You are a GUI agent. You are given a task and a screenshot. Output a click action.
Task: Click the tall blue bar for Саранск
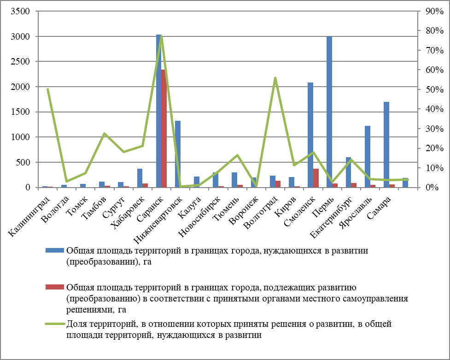(158, 111)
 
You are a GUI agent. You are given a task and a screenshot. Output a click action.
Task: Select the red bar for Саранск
(164, 129)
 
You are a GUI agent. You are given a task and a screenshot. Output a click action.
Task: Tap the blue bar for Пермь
(329, 112)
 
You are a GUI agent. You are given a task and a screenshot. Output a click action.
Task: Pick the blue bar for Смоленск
(310, 135)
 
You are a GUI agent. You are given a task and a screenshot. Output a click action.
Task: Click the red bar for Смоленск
(316, 178)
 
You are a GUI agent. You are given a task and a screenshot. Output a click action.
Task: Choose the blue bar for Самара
(386, 145)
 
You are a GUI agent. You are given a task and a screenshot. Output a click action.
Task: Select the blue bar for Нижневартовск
(178, 154)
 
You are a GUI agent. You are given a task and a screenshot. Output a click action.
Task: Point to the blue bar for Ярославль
(368, 157)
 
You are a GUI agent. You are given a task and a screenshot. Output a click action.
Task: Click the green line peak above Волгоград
(275, 78)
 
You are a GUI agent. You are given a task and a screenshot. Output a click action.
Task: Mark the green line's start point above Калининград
(48, 89)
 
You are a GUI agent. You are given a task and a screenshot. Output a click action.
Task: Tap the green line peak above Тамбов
(105, 134)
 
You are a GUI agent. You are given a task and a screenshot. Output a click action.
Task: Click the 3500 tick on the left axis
(20, 11)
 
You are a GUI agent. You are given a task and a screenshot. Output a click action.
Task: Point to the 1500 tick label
(20, 112)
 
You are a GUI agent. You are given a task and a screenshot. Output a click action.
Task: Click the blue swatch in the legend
(54, 250)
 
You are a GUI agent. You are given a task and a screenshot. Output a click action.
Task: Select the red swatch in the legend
(54, 287)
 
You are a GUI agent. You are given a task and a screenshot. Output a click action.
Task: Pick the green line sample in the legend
(54, 324)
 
